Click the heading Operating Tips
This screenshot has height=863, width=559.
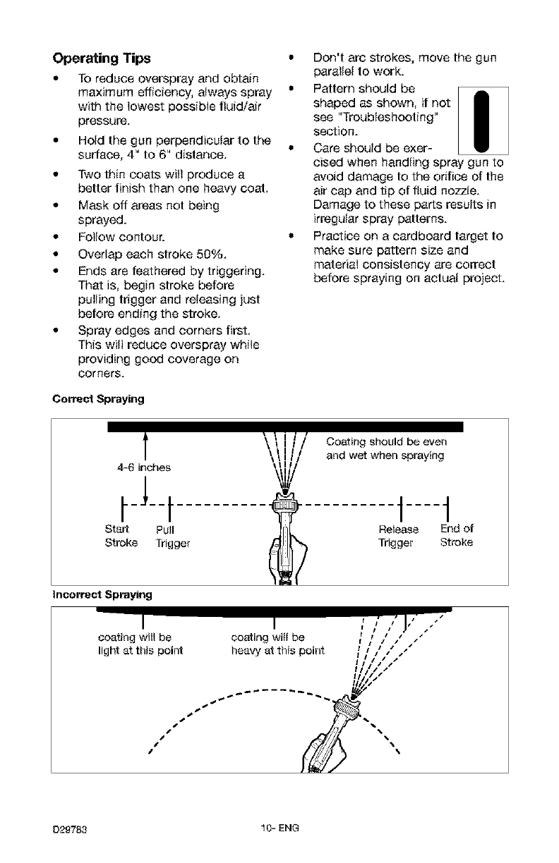click(102, 58)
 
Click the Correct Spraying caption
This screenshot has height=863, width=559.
click(99, 399)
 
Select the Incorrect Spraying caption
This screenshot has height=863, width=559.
click(103, 595)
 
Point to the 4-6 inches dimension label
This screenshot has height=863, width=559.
click(144, 467)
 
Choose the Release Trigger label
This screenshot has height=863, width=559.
click(399, 536)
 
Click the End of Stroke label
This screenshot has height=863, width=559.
click(457, 536)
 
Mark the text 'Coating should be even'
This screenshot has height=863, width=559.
click(387, 442)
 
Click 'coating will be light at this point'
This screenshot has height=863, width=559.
click(140, 644)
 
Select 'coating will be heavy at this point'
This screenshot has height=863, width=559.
click(277, 644)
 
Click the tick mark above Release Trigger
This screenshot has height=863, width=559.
click(399, 506)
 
